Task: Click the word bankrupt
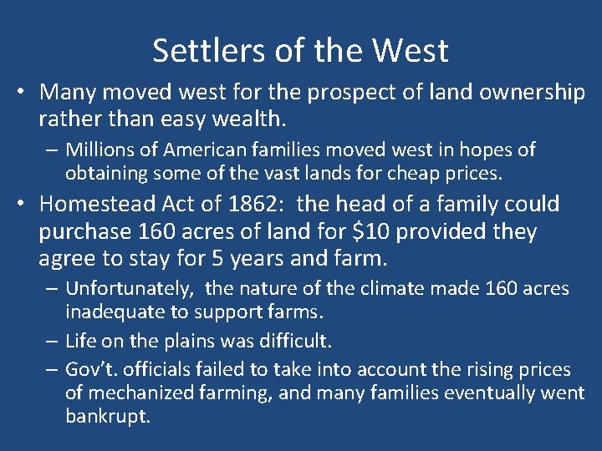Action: [108, 416]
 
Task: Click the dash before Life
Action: [53, 342]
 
